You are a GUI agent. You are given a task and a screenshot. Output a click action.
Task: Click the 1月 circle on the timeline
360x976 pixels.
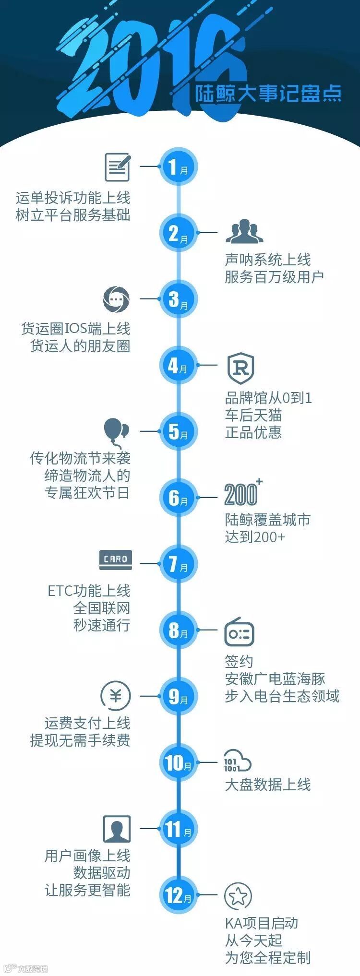(178, 167)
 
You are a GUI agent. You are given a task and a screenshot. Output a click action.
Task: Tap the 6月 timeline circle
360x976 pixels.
(178, 498)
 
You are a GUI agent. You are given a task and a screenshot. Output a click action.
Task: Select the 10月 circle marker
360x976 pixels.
(178, 762)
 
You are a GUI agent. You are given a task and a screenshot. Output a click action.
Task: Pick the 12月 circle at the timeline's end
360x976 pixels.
(178, 895)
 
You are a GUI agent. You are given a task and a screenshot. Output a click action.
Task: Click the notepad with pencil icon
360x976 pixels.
(118, 167)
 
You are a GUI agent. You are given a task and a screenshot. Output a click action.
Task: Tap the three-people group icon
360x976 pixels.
(245, 232)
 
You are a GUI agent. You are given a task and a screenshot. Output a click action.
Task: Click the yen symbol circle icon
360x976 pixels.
(116, 696)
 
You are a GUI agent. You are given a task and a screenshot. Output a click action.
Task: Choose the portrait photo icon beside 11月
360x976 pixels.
(117, 829)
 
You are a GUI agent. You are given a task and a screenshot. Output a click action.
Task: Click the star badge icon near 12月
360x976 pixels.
(238, 895)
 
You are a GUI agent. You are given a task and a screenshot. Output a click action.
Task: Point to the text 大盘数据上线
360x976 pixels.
(268, 784)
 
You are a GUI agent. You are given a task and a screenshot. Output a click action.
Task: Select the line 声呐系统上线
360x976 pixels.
(268, 260)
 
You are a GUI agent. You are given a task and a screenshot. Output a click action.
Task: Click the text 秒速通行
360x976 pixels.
(102, 625)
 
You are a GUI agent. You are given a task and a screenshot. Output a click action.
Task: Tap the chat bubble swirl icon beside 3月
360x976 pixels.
(116, 298)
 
